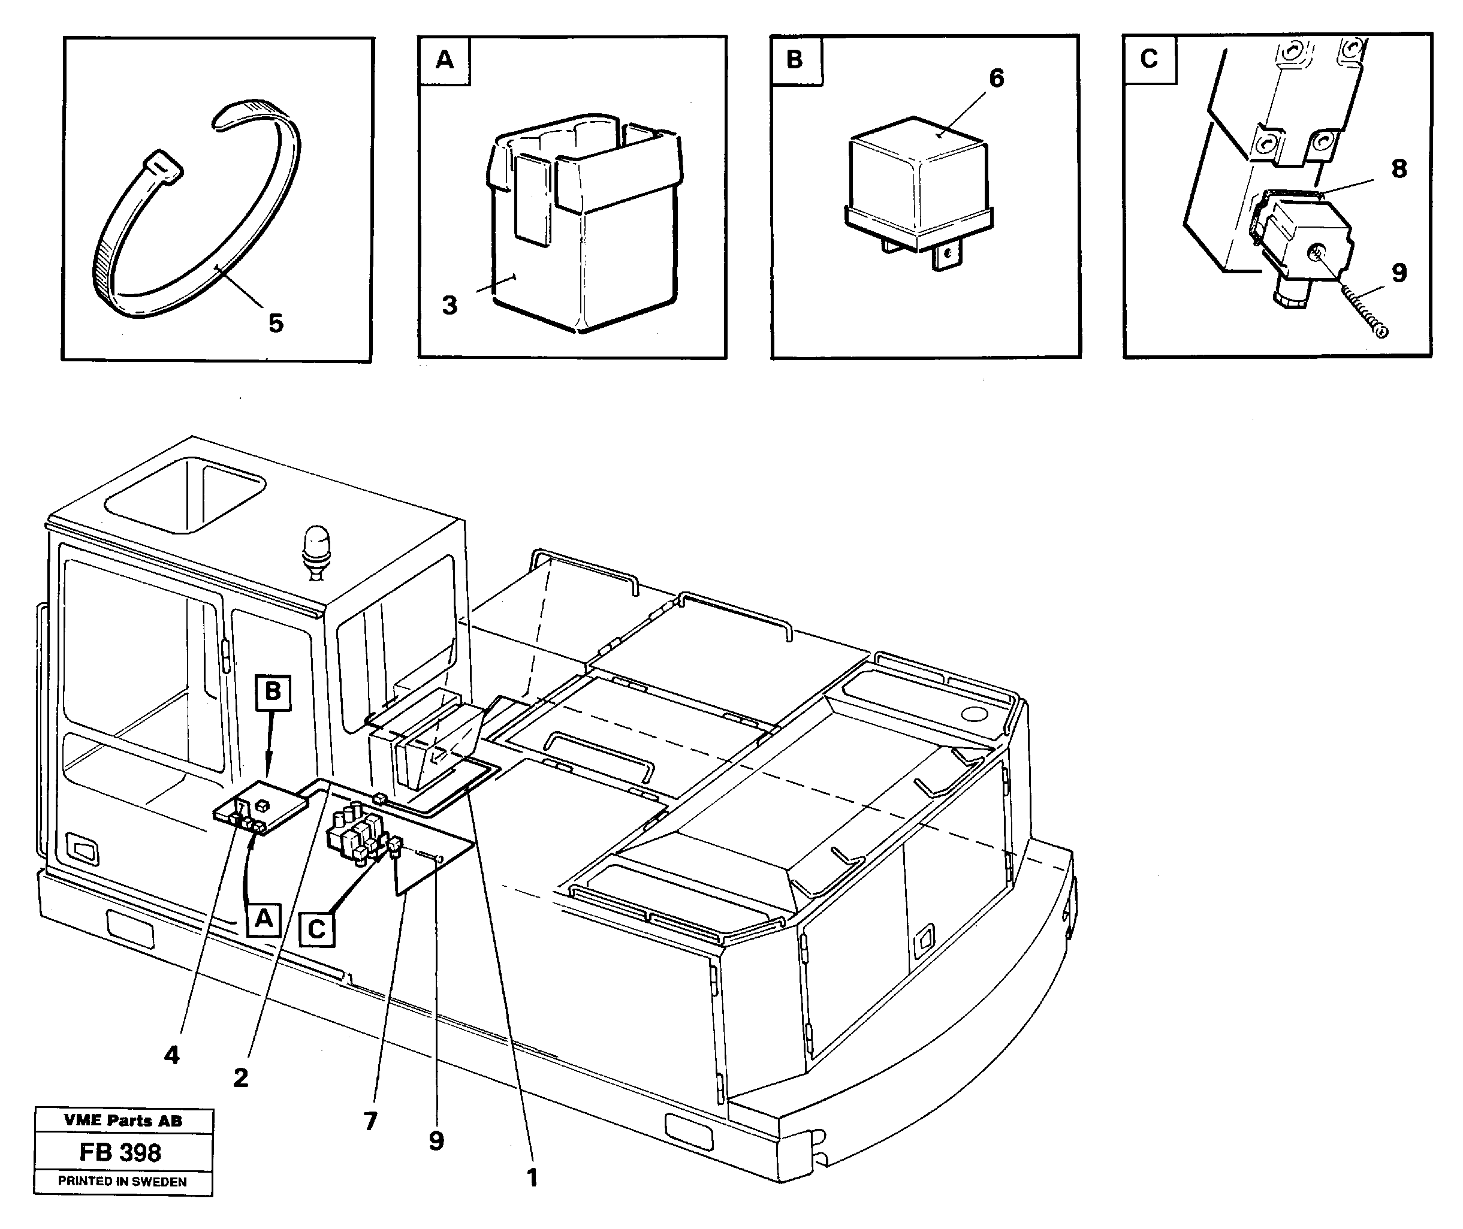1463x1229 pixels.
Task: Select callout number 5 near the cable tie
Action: coord(276,323)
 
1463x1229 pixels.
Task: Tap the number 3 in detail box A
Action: coord(450,305)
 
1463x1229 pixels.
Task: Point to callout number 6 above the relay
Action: coord(996,78)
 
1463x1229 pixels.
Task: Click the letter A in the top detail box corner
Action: coord(445,61)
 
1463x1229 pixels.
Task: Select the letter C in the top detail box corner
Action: coord(1150,59)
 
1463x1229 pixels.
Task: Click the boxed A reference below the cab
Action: coord(263,920)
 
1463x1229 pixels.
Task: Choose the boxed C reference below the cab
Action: coord(317,929)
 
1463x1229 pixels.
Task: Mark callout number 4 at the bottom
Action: coord(171,1055)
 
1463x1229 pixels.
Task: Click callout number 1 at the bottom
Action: coord(532,1178)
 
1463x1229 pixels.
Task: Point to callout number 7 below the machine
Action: coord(370,1121)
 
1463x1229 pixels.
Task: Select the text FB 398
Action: coord(120,1153)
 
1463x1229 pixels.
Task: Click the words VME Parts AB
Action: coord(123,1121)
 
